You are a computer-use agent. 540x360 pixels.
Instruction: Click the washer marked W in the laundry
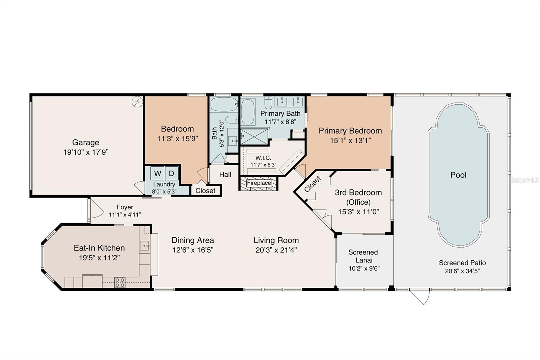[157, 174]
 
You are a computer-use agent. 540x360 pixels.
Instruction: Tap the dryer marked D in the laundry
[171, 174]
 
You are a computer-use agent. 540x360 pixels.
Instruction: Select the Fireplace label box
[259, 183]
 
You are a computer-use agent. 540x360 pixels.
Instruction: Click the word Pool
[458, 175]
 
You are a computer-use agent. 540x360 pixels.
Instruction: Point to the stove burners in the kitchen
[119, 282]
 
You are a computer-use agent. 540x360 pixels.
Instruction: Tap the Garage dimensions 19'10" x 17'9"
[86, 152]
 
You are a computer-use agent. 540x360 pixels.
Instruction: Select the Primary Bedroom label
[350, 131]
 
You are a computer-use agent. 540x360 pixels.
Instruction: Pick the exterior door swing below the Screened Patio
[420, 297]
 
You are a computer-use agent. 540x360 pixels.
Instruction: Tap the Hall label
[225, 175]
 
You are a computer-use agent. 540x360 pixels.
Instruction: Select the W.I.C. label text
[263, 158]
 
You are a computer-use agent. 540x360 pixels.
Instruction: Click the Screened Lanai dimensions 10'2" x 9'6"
[364, 268]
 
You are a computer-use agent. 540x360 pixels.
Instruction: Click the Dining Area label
[193, 240]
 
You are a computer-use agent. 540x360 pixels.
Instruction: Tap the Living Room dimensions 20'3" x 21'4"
[276, 250]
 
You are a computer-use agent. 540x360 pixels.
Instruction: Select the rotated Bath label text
[214, 133]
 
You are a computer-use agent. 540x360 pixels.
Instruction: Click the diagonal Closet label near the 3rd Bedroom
[313, 184]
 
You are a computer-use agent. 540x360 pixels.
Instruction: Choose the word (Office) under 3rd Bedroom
[358, 202]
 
